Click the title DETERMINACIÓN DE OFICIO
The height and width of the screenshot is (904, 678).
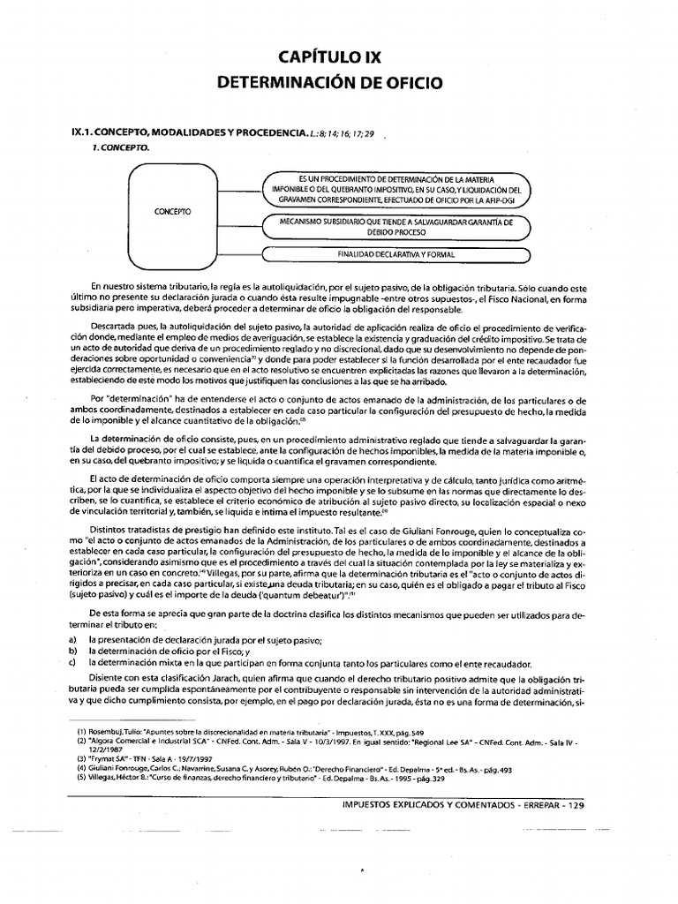pyautogui.click(x=329, y=85)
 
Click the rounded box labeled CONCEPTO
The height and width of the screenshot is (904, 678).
pyautogui.click(x=179, y=213)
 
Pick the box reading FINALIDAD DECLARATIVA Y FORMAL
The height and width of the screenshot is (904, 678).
pyautogui.click(x=395, y=255)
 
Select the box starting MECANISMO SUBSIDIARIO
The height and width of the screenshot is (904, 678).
pyautogui.click(x=395, y=228)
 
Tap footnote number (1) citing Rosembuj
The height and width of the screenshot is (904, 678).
pyautogui.click(x=81, y=733)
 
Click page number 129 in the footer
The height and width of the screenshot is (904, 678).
pyautogui.click(x=573, y=805)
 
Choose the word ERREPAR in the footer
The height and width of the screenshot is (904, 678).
pyautogui.click(x=527, y=805)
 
